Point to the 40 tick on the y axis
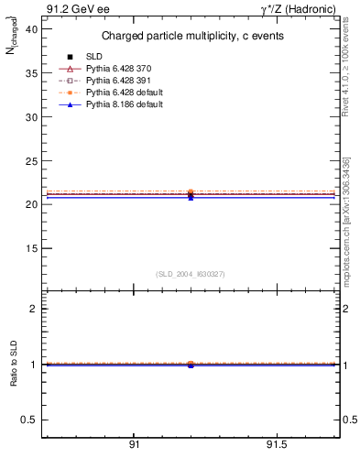(x=31, y=30)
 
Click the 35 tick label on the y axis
(x=31, y=74)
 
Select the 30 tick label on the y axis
(x=31, y=117)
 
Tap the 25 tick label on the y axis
(x=31, y=161)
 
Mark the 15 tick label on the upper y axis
(x=31, y=248)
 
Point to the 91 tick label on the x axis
(x=134, y=444)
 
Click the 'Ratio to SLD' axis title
(x=15, y=365)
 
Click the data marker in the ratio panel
(x=191, y=365)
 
